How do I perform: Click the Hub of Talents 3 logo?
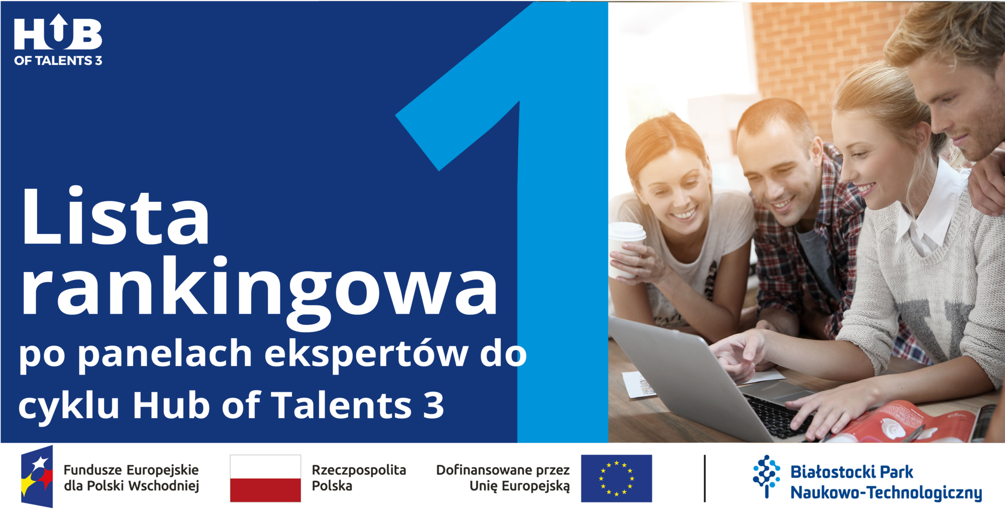[58, 40]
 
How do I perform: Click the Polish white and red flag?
[265, 478]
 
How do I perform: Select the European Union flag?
[617, 478]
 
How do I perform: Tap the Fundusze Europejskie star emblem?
[37, 476]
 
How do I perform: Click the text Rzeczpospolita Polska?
[359, 478]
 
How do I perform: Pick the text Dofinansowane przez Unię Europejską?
[503, 478]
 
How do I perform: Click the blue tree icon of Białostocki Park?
[766, 476]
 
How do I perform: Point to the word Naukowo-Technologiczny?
[886, 493]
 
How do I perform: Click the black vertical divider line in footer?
[705, 478]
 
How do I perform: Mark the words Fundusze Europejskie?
[131, 470]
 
